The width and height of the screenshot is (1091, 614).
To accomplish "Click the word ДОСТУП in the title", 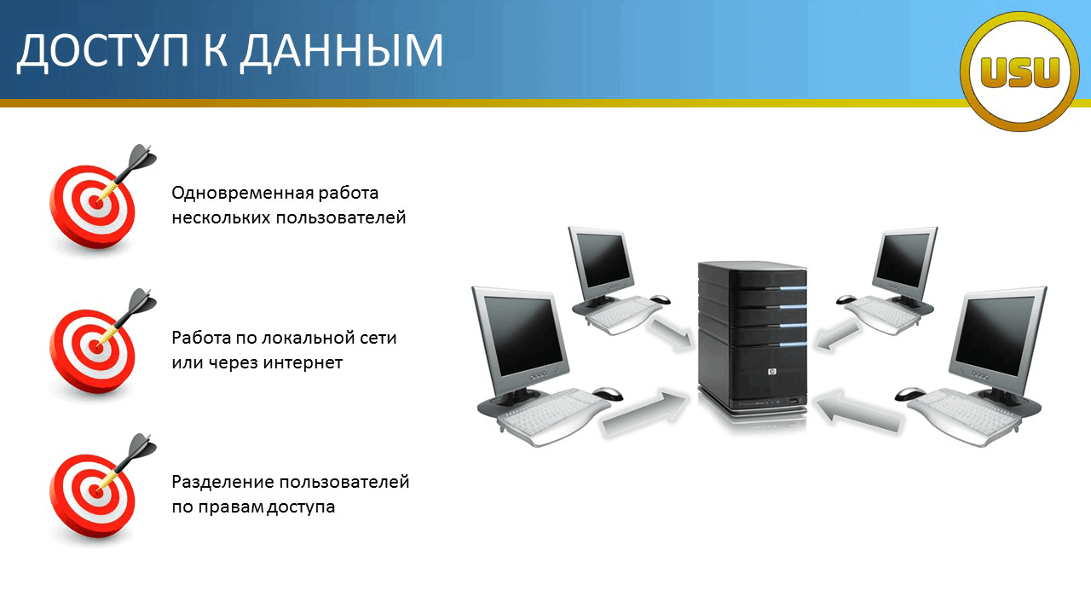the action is (103, 51).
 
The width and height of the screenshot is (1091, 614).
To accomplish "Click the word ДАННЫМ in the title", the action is (342, 51).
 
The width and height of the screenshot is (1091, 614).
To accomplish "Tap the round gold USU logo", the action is (1019, 71).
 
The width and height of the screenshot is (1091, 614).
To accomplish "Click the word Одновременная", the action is (243, 193).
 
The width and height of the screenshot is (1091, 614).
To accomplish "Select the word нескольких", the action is (221, 217).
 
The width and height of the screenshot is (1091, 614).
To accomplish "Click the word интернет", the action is (303, 362).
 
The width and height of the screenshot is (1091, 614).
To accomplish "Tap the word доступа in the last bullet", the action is (301, 507).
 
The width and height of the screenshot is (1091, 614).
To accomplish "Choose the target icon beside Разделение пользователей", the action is (99, 490).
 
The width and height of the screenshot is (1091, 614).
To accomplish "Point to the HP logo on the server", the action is (771, 372).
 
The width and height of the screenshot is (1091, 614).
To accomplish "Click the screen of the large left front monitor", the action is (522, 335).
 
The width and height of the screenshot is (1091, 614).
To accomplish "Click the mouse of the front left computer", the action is (608, 393).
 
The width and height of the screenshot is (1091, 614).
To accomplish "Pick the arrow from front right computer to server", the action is (858, 411).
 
